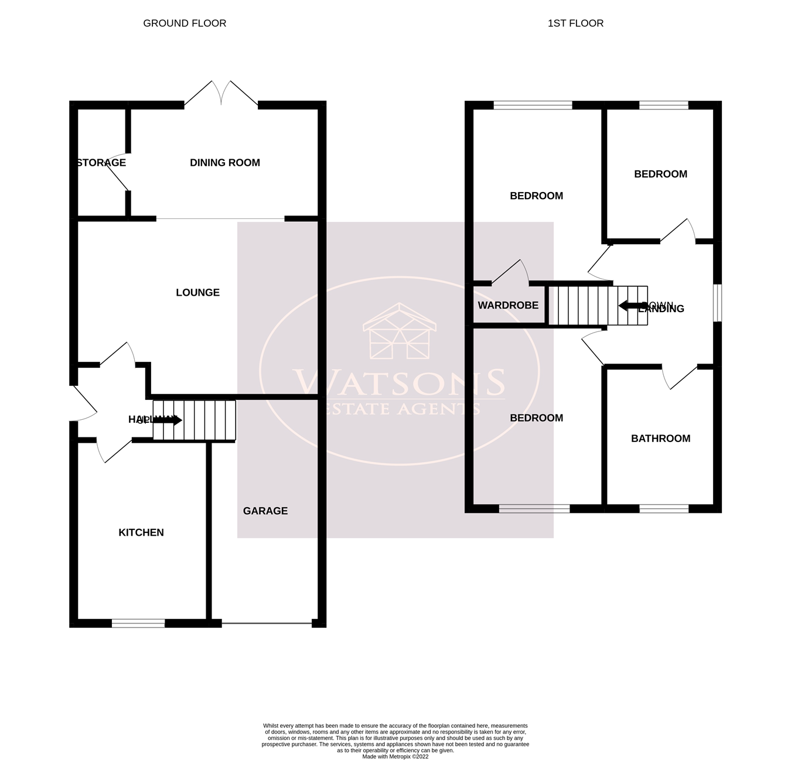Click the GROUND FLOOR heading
coord(185,23)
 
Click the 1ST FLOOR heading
coord(575,23)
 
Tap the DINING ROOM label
coord(224,163)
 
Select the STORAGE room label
coord(101,163)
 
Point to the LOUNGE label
coord(197,292)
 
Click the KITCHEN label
coord(141,532)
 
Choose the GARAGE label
coord(265,511)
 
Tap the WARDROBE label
coord(508,306)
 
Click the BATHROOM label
coord(660,439)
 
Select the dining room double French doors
coord(221,94)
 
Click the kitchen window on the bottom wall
coord(138,624)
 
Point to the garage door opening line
coord(267,624)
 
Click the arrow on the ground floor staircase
coord(173,420)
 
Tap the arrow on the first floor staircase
coord(630,306)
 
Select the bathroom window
coord(664,509)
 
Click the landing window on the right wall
coord(717,303)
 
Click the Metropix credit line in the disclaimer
coord(395,756)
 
